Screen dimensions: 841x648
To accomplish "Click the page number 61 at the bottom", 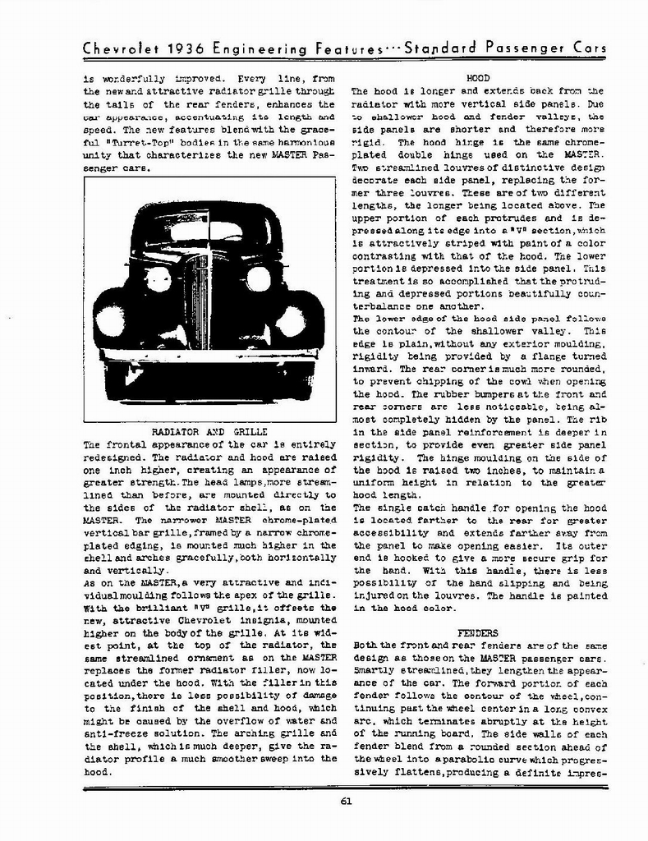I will click(345, 803).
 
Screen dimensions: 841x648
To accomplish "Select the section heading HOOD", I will click(478, 78).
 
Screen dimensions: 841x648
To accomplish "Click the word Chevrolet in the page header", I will click(121, 49).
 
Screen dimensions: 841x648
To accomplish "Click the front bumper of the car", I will click(209, 356).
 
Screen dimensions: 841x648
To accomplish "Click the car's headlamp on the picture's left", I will click(157, 279).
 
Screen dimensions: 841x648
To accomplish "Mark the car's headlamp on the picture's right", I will click(258, 279).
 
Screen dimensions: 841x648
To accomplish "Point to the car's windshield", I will click(205, 232).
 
